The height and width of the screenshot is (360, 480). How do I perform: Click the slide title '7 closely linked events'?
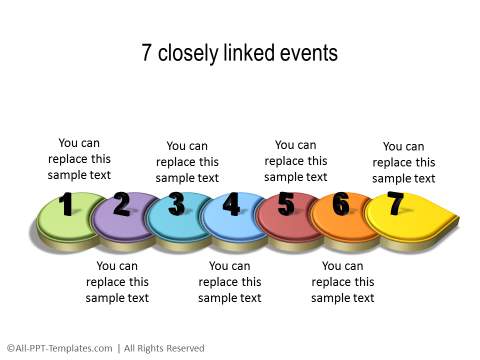tap(239, 53)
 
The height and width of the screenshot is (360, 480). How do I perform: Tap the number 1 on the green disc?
tap(66, 205)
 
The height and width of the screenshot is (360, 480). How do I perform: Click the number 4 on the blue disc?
tap(231, 205)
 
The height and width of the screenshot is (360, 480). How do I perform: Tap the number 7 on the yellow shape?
tap(396, 203)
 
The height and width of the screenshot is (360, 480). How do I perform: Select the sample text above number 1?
tap(79, 158)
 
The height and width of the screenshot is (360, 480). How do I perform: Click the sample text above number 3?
tap(187, 162)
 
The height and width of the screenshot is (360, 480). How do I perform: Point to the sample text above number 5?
tap(295, 161)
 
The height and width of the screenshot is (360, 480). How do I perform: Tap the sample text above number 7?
tap(404, 162)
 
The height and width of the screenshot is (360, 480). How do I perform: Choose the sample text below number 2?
tap(117, 281)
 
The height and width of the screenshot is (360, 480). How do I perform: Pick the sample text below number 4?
tap(230, 281)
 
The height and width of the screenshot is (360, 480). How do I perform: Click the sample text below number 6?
tap(343, 281)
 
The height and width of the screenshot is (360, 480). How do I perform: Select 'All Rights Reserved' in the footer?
tap(164, 348)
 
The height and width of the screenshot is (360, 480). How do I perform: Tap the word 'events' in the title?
tap(307, 53)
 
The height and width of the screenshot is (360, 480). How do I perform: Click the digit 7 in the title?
tap(147, 53)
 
